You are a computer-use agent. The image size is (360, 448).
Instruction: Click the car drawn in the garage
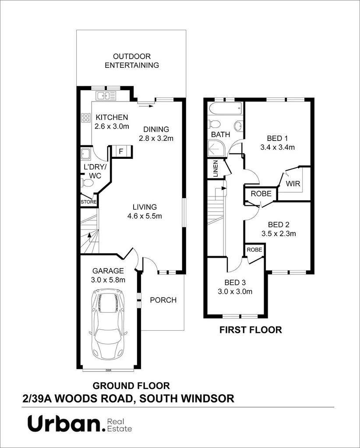coord(108,323)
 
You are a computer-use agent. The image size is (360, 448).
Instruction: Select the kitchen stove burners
coord(85,117)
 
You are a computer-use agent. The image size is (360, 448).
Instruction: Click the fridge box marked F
coord(120,151)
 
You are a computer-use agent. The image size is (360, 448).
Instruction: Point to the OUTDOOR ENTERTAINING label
coord(131,61)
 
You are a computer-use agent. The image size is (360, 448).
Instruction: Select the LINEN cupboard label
coord(215,169)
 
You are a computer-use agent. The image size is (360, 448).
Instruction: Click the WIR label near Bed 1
coord(293,184)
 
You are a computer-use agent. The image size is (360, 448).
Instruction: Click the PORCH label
coord(163,300)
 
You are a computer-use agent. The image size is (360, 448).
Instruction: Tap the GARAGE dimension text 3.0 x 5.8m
coord(108,280)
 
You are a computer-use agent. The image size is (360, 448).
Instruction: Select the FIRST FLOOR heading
coord(251,330)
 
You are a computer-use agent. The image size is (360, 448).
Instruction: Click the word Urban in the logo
coord(64,423)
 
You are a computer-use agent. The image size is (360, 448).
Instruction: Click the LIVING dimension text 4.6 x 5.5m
coord(145,216)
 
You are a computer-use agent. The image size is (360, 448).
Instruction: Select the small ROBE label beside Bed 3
coord(254,249)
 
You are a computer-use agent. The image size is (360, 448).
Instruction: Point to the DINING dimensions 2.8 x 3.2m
coord(156,139)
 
